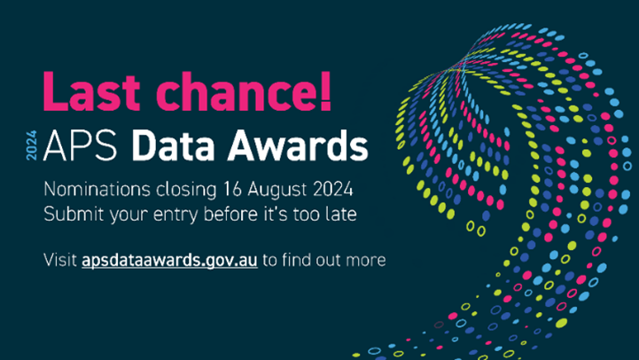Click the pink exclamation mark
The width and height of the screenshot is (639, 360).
325,91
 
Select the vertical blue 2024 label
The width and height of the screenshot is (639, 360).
31,145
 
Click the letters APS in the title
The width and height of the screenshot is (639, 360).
81,145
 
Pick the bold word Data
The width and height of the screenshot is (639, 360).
173,145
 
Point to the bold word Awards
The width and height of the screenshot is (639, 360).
298,145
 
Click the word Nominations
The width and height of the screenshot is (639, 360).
97,189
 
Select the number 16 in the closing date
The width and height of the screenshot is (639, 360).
232,189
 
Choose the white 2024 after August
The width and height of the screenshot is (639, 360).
333,189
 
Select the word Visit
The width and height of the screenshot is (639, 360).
60,260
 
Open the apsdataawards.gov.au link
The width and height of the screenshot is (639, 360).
169,261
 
